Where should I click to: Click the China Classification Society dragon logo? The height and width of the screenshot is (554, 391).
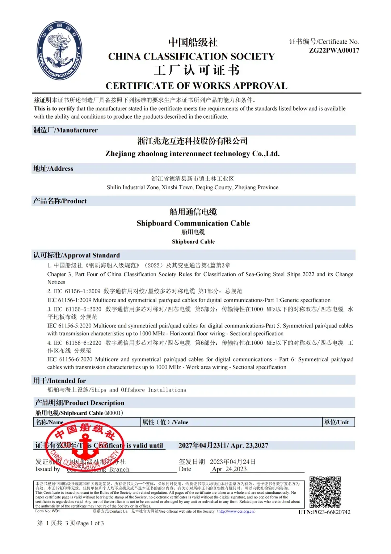click(x=59, y=50)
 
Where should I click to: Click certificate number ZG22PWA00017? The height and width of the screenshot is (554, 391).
click(x=334, y=50)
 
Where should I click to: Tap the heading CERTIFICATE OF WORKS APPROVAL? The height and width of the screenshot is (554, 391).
click(x=196, y=86)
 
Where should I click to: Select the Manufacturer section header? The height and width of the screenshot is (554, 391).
click(x=66, y=130)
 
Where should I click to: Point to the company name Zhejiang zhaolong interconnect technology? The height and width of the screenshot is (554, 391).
click(x=192, y=154)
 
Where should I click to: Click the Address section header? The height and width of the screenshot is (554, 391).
click(x=53, y=169)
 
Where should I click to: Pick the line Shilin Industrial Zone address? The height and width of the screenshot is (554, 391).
click(x=192, y=187)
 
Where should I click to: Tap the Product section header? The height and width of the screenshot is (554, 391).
click(x=60, y=201)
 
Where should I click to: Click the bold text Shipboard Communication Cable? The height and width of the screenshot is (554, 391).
click(x=193, y=223)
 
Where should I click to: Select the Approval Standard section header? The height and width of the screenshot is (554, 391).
click(x=76, y=255)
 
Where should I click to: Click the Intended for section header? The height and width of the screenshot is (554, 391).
click(x=59, y=381)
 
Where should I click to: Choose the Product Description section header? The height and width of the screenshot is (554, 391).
click(x=80, y=403)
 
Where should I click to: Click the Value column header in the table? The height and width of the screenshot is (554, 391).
click(x=165, y=422)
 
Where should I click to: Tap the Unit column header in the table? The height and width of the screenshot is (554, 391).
click(x=336, y=422)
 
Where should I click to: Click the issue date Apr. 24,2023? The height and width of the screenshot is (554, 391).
click(x=229, y=469)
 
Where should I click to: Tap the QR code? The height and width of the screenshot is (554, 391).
click(x=325, y=492)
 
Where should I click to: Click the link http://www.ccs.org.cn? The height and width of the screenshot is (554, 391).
click(x=236, y=511)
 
